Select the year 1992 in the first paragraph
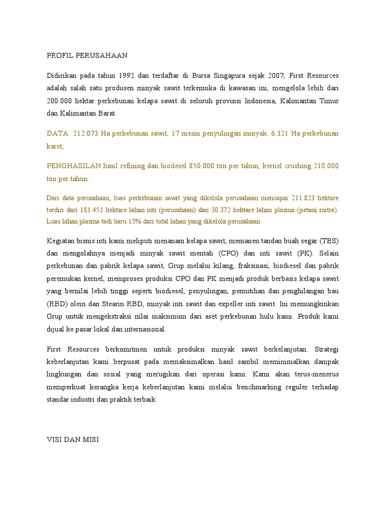(x=129, y=76)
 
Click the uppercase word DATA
(x=57, y=134)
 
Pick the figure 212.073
(x=86, y=134)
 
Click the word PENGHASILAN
(x=74, y=166)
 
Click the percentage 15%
(x=126, y=221)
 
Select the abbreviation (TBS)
(x=328, y=241)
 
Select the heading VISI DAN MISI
(x=73, y=440)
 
